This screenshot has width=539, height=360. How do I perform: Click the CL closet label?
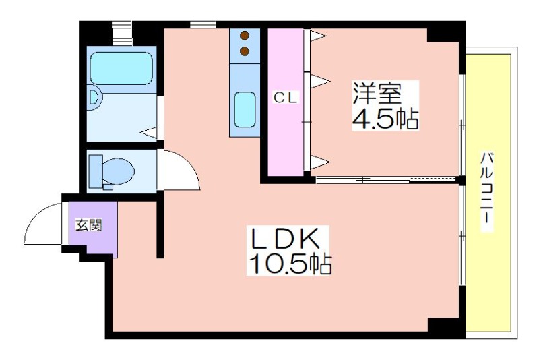tap(285, 98)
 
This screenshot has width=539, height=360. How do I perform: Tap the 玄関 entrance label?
tap(88, 225)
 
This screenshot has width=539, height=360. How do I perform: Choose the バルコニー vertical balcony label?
tap(486, 193)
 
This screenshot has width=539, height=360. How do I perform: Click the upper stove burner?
tap(244, 36)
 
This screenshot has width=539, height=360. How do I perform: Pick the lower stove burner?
tap(244, 51)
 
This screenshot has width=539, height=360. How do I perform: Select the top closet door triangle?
tap(318, 36)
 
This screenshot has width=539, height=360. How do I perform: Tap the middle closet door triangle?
tap(318, 81)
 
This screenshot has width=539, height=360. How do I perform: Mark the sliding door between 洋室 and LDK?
tap(387, 179)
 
